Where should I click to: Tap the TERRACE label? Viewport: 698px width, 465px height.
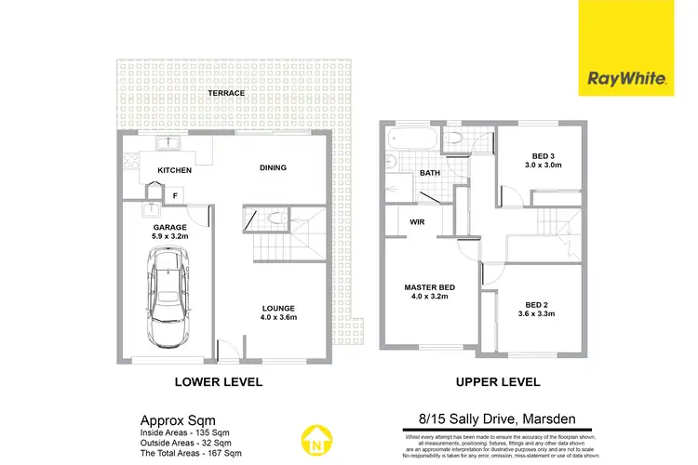(226, 94)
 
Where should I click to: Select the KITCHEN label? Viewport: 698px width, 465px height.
(174, 170)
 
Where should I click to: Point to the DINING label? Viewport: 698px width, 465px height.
(273, 168)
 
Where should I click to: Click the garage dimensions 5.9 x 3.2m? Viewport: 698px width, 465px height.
(170, 237)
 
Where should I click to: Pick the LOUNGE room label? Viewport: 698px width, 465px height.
(278, 309)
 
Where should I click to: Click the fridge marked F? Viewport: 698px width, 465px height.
(174, 195)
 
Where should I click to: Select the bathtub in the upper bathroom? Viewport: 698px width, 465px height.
(410, 142)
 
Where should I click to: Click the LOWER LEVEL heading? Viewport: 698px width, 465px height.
(219, 382)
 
